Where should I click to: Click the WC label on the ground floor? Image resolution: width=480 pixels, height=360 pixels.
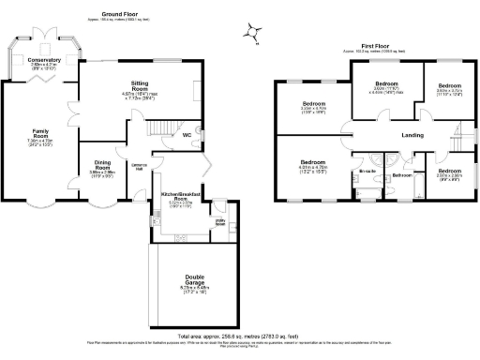(187, 134)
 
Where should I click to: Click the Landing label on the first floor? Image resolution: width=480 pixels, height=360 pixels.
(412, 134)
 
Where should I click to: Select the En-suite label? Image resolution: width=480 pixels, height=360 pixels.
(367, 172)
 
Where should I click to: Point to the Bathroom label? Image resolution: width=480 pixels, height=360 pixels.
(402, 174)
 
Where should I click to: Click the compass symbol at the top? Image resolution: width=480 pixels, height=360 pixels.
(250, 32)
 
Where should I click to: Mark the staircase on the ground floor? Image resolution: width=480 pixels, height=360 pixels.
(166, 126)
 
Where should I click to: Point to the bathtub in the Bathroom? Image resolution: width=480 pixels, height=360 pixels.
(404, 192)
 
